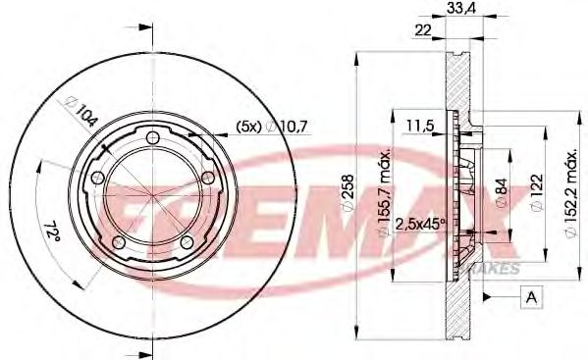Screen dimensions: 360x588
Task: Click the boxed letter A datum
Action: (531, 296)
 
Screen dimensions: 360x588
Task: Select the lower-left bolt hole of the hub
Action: (118, 242)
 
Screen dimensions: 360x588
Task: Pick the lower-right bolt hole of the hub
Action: (186, 240)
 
